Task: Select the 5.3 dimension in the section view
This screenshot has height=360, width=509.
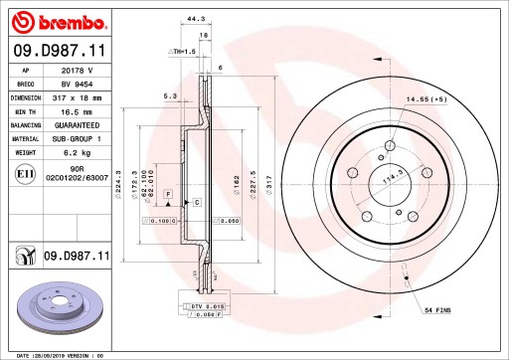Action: (x=169, y=96)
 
